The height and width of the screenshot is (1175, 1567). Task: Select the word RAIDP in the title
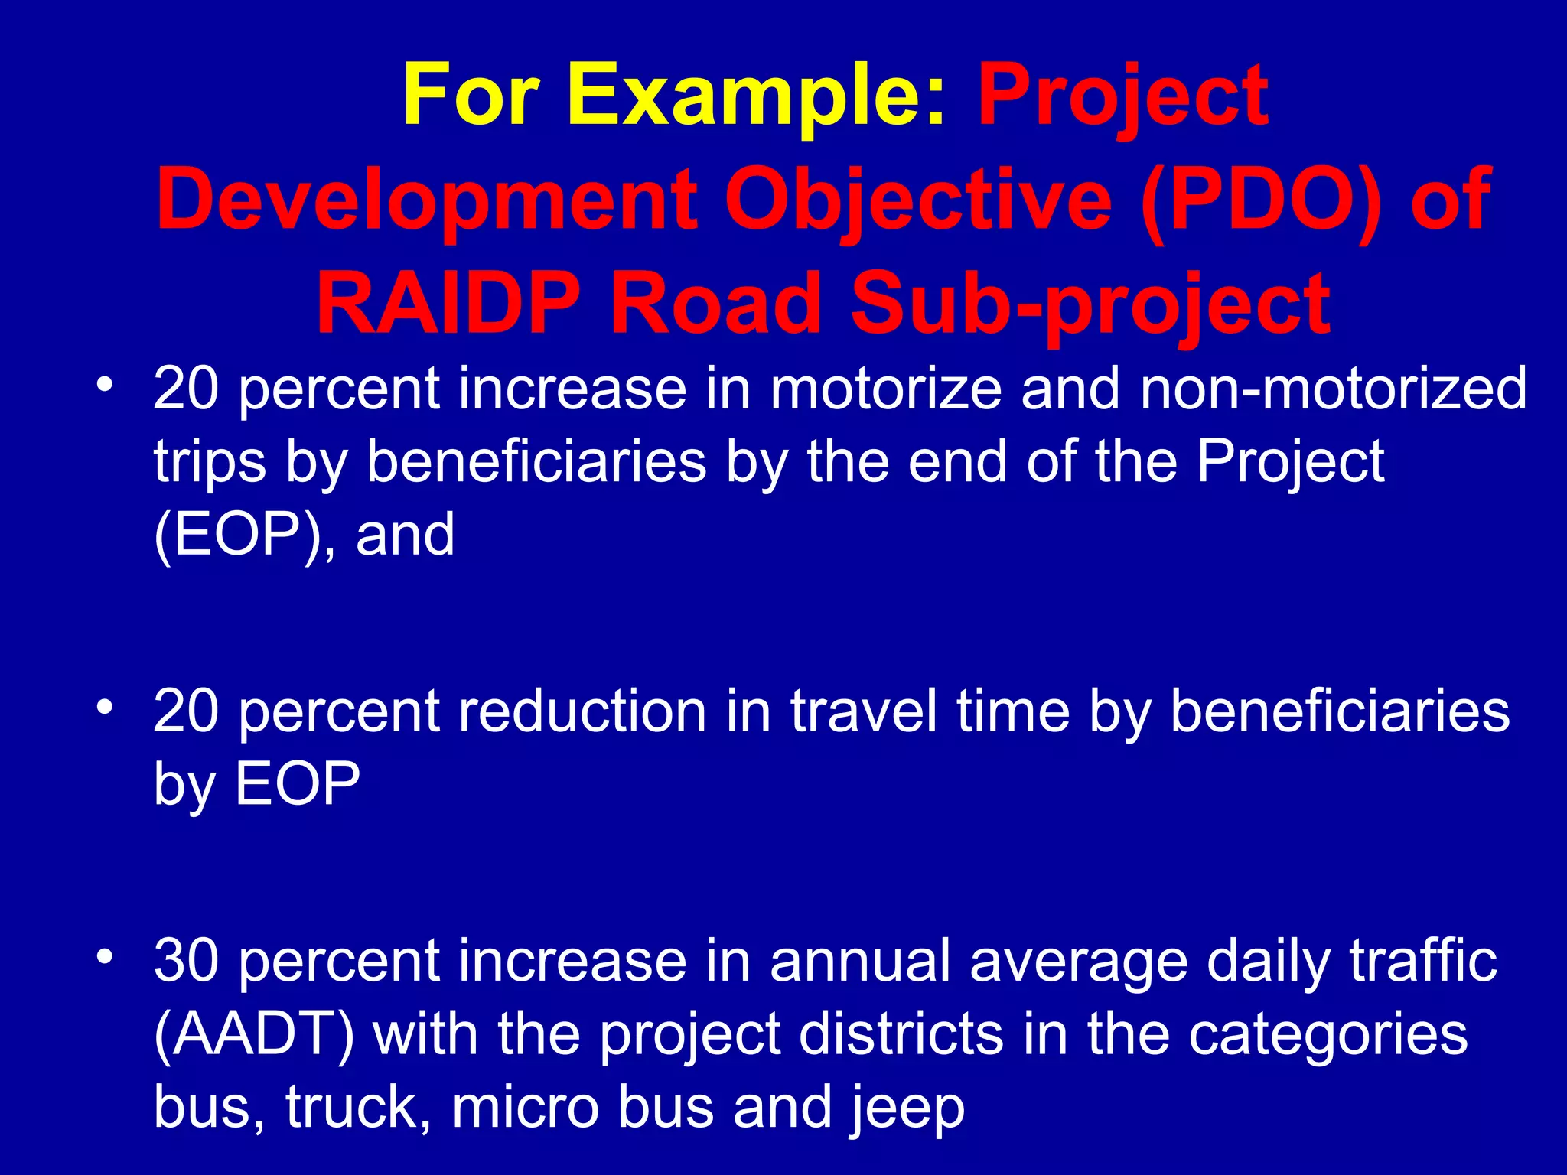tap(448, 304)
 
